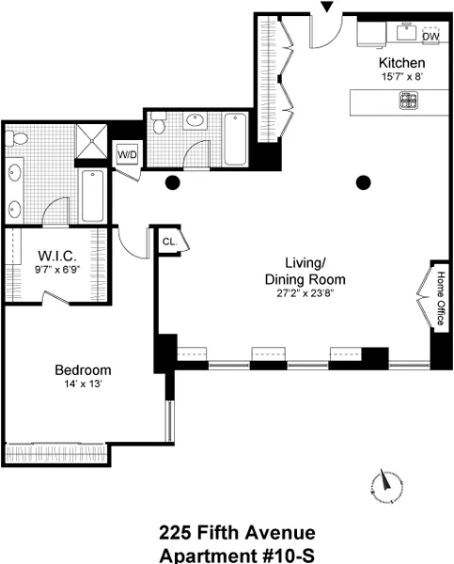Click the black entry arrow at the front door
[x=326, y=8]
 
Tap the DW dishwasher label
[x=430, y=37]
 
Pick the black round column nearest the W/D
[x=172, y=182]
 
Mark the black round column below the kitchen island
[x=362, y=182]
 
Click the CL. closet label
[x=169, y=242]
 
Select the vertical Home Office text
[x=439, y=298]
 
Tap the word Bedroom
[x=84, y=369]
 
